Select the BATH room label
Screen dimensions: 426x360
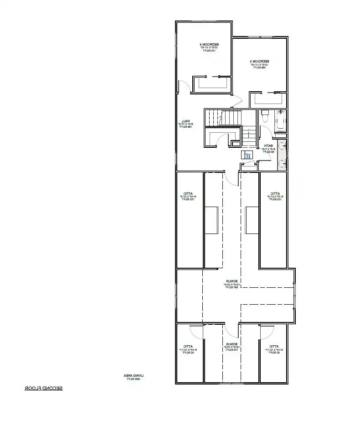265,146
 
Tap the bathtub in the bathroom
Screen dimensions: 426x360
280,121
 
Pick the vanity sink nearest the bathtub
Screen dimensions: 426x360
283,146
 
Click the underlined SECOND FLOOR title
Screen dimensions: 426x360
44,389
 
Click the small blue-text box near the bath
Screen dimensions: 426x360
247,155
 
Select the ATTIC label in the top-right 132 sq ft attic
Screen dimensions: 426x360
275,193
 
